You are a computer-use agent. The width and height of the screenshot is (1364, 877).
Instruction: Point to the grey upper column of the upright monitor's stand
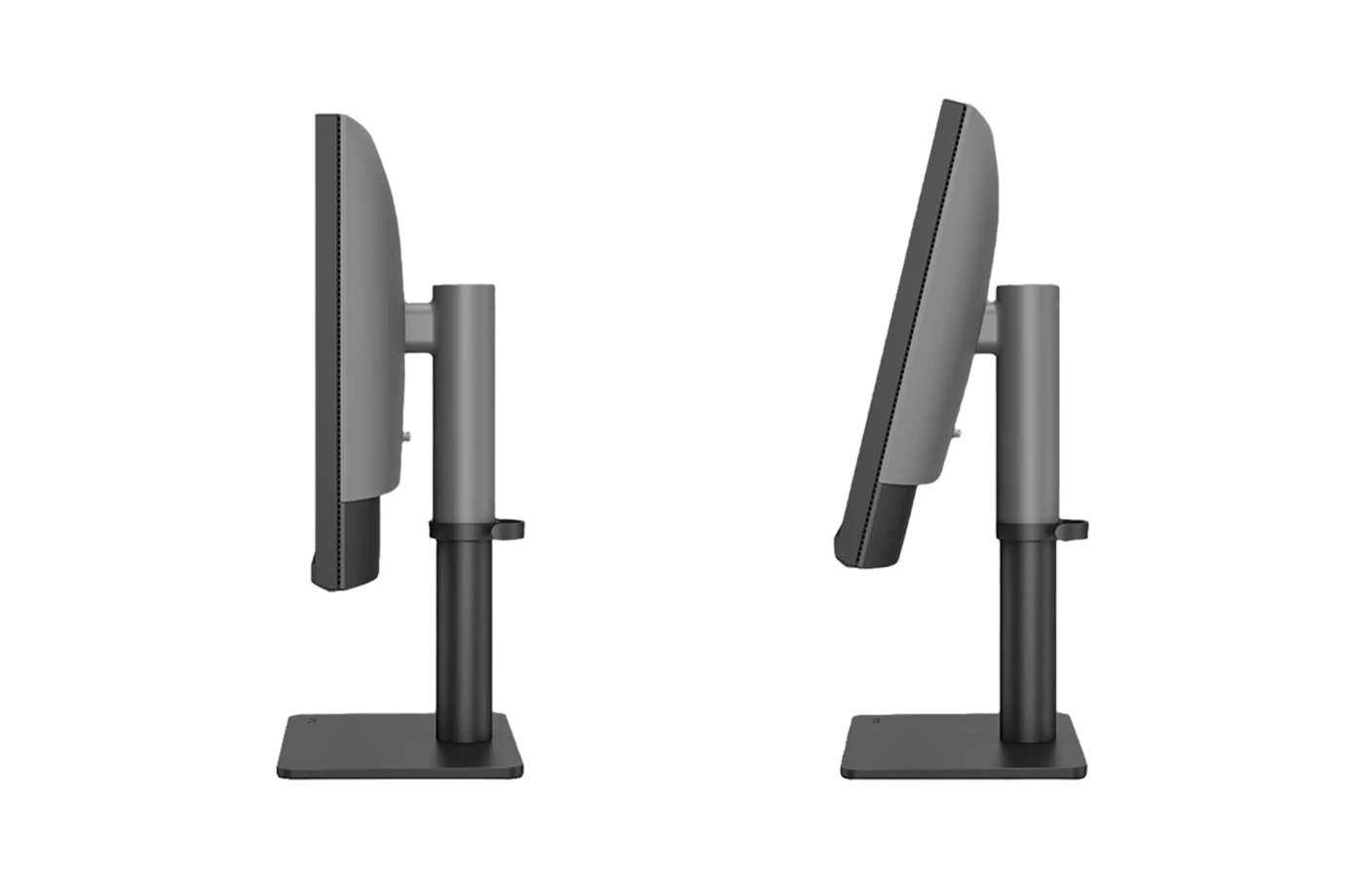464,409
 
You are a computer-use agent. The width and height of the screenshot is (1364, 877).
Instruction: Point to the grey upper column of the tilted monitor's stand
1027,409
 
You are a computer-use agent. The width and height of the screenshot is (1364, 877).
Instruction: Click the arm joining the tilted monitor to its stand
989,326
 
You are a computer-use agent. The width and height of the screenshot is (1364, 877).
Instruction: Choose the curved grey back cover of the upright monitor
370,292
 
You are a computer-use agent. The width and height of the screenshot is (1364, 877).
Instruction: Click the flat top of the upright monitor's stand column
464,287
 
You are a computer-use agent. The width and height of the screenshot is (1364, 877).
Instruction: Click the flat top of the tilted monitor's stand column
1027,287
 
